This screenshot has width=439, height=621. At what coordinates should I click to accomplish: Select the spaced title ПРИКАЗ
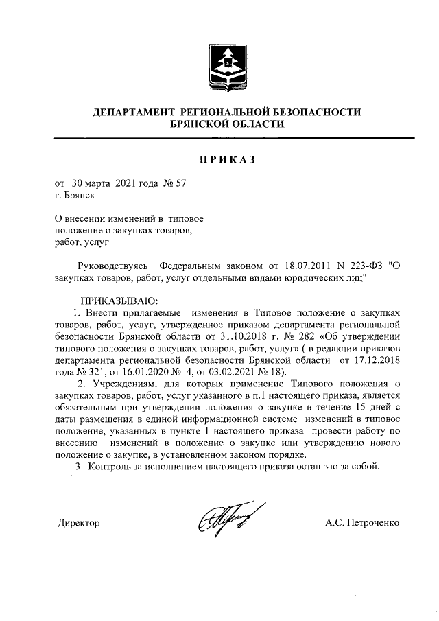click(x=226, y=160)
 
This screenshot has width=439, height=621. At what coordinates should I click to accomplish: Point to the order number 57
click(x=180, y=183)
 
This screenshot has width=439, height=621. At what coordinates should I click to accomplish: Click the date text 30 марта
click(x=87, y=183)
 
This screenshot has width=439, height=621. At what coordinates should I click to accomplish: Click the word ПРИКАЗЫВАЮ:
click(x=119, y=301)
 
